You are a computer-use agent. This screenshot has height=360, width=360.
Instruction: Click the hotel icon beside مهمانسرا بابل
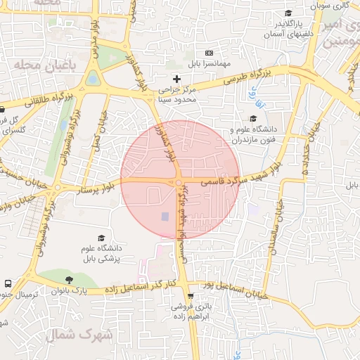point(209,53)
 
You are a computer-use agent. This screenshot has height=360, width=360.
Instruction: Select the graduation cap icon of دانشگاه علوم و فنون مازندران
point(253,118)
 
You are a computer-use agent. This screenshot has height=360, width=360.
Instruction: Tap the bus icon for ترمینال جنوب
point(8,283)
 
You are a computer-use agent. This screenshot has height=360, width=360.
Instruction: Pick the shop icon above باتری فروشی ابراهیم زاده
point(191,296)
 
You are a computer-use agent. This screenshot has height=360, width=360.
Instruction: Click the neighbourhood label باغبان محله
point(44,65)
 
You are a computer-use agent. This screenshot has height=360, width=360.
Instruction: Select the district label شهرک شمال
point(79,335)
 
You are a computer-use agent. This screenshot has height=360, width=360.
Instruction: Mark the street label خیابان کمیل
point(98,131)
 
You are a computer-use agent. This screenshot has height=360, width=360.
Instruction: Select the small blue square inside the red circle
point(165,217)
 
